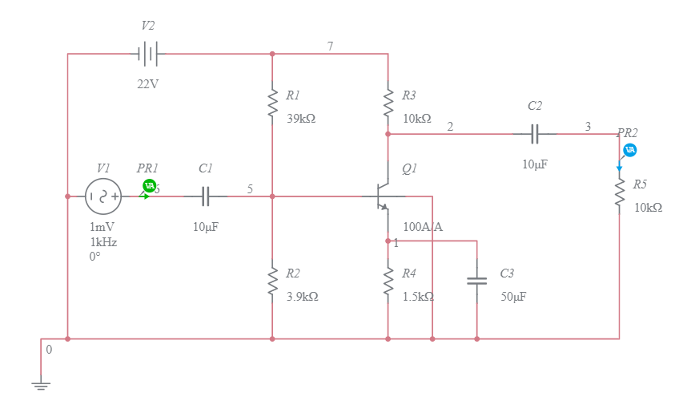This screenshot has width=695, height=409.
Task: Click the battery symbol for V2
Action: pos(148,55)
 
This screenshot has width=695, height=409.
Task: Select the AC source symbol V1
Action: pos(102,196)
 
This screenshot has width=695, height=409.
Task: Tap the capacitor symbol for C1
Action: pos(206,196)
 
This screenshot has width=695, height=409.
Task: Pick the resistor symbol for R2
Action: pos(272,282)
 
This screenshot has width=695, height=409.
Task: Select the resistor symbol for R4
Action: pos(388,282)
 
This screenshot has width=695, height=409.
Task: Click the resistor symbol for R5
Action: pos(619,194)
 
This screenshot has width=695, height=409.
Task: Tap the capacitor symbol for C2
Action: pos(535,134)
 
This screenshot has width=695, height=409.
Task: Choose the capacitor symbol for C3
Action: pos(476,281)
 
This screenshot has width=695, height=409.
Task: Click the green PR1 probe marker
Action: pos(149,186)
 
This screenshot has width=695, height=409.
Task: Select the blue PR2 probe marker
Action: pos(630,150)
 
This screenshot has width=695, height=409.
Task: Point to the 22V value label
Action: pos(147,83)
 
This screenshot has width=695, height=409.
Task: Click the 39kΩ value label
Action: pos(301,118)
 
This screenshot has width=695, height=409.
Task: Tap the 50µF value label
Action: pos(513,296)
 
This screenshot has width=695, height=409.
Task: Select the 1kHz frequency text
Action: pos(103,242)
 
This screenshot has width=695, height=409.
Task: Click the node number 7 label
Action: pos(330,46)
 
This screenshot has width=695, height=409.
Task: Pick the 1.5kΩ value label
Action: pos(418,296)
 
